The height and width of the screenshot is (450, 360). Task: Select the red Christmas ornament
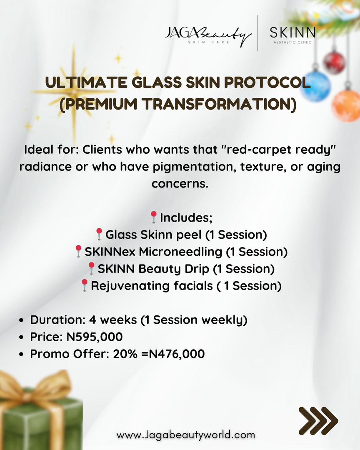[x=334, y=62]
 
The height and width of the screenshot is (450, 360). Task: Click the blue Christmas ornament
[x=315, y=86]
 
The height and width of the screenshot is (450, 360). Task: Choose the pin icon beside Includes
[x=153, y=217]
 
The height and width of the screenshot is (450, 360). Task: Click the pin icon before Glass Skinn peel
[x=99, y=234]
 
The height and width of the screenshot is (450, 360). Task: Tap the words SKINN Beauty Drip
[x=153, y=269]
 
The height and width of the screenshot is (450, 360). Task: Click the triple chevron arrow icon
[x=318, y=421]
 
